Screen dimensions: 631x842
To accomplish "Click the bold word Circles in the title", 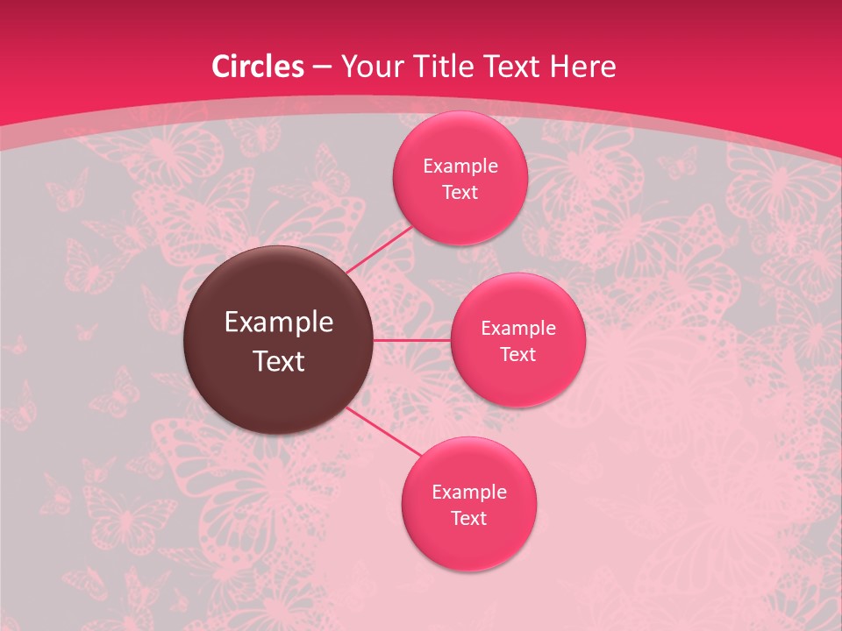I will pyautogui.click(x=258, y=67).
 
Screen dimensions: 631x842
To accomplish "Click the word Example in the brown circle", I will pyautogui.click(x=279, y=323).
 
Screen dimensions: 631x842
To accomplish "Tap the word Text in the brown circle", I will pyautogui.click(x=279, y=361).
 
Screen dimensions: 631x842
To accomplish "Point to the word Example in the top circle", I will pyautogui.click(x=460, y=166).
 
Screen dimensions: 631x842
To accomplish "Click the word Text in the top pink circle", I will pyautogui.click(x=460, y=192).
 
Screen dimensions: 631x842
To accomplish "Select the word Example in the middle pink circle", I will pyautogui.click(x=517, y=328).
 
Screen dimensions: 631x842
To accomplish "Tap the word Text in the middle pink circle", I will pyautogui.click(x=517, y=354).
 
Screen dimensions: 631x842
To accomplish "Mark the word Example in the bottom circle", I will pyautogui.click(x=468, y=492).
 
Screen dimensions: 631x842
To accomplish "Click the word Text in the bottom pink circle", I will pyautogui.click(x=468, y=518).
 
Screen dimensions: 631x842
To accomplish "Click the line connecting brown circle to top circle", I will pyautogui.click(x=378, y=249).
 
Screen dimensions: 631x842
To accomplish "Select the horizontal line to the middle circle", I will pyautogui.click(x=411, y=340).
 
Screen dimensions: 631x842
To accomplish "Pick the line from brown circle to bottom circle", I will pyautogui.click(x=384, y=431).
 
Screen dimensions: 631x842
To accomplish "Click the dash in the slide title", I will pyautogui.click(x=321, y=67).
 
